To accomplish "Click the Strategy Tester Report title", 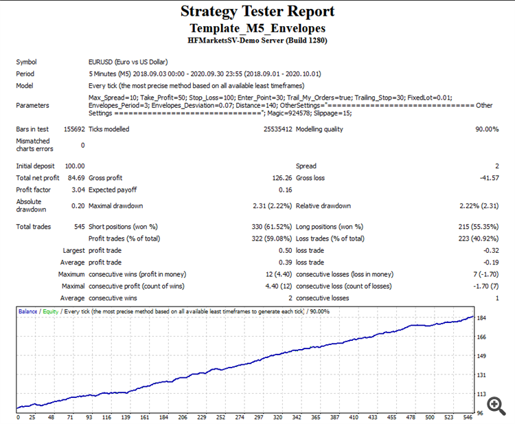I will tap(257, 11).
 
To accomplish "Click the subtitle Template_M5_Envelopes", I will tap(257, 28).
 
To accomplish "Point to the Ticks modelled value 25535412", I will tap(278, 129).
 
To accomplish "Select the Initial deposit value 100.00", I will tap(74, 166).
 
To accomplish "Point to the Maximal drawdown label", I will tap(117, 205).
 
